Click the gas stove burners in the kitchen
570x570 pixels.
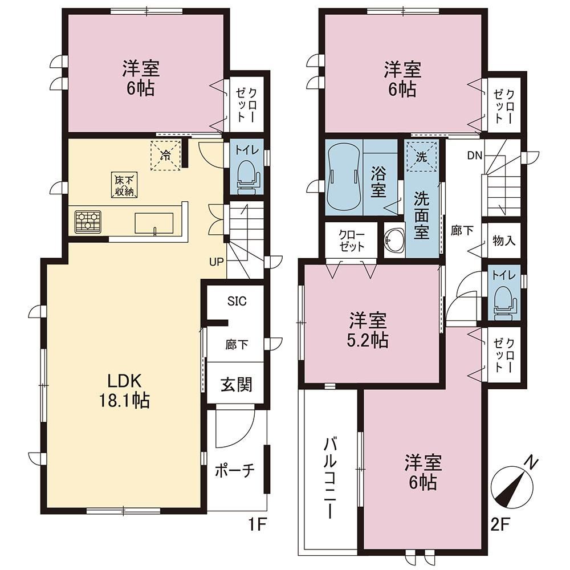tap(87, 222)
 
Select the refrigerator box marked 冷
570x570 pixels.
tap(165, 155)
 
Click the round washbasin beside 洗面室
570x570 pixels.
tap(394, 240)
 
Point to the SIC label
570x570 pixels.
tap(237, 301)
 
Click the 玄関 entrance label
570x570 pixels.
tap(237, 384)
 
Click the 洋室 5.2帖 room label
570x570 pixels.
tap(368, 331)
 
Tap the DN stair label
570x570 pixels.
tap(475, 156)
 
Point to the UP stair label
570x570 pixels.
tap(216, 262)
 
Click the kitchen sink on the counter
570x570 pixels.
tap(154, 223)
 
